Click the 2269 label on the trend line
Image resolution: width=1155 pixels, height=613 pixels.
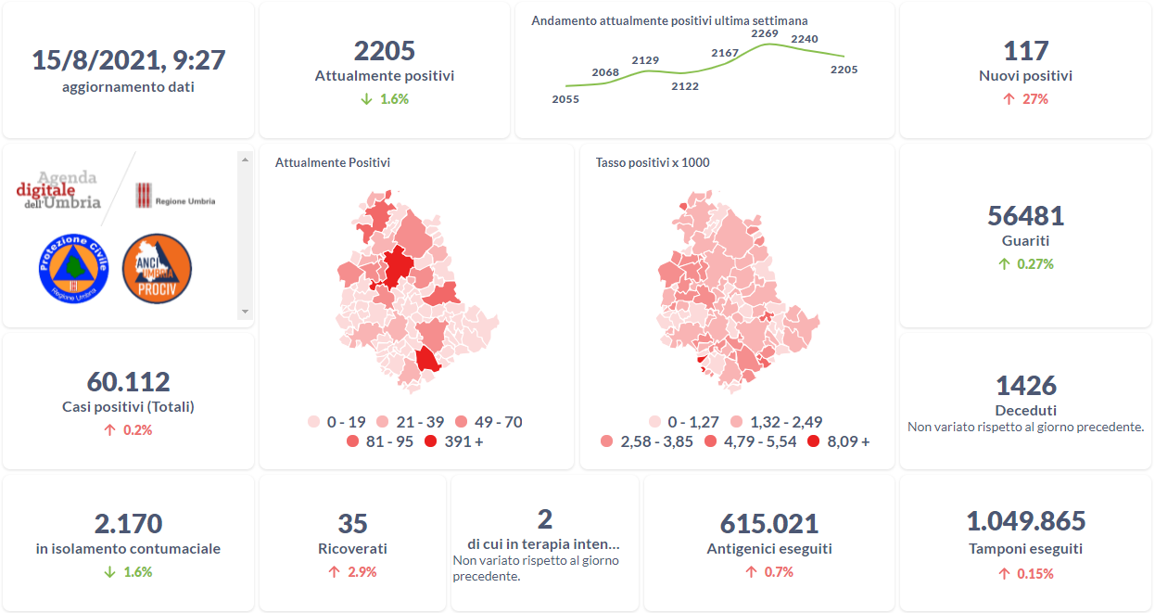(x=764, y=33)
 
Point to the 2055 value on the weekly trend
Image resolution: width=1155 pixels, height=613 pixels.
(x=565, y=99)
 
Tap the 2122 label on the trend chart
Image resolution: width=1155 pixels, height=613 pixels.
(x=685, y=86)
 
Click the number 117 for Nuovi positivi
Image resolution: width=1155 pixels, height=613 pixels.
(x=1025, y=51)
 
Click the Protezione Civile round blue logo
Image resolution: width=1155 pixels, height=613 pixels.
(x=74, y=267)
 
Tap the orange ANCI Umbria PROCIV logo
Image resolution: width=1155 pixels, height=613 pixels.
(x=157, y=267)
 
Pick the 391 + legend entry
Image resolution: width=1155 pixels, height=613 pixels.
(x=453, y=441)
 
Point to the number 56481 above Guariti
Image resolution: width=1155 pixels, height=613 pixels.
(x=1025, y=216)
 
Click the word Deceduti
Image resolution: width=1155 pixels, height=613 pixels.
(x=1025, y=410)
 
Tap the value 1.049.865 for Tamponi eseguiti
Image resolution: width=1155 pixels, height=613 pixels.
(x=1025, y=521)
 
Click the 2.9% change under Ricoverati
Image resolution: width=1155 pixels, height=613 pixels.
(x=352, y=572)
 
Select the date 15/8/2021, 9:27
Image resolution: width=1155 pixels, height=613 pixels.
(x=128, y=60)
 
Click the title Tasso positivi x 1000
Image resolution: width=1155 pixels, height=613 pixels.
(x=653, y=163)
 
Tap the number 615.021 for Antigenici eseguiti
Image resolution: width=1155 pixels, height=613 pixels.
(x=769, y=524)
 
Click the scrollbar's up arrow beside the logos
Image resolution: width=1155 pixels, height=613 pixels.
(x=245, y=160)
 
